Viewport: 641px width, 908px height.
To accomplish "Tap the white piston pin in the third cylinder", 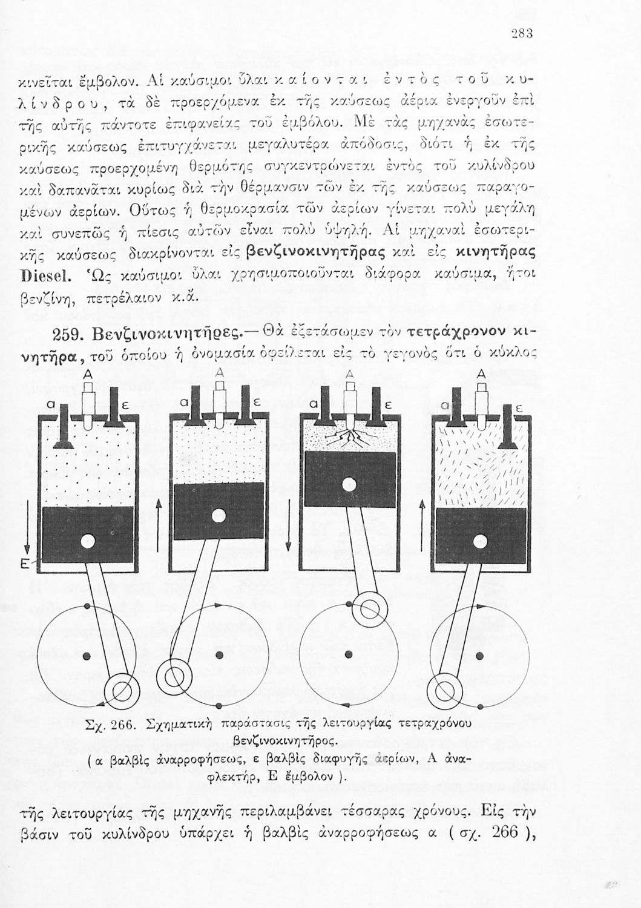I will pyautogui.click(x=347, y=484).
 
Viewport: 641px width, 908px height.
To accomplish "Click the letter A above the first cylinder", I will pyautogui.click(x=88, y=373).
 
